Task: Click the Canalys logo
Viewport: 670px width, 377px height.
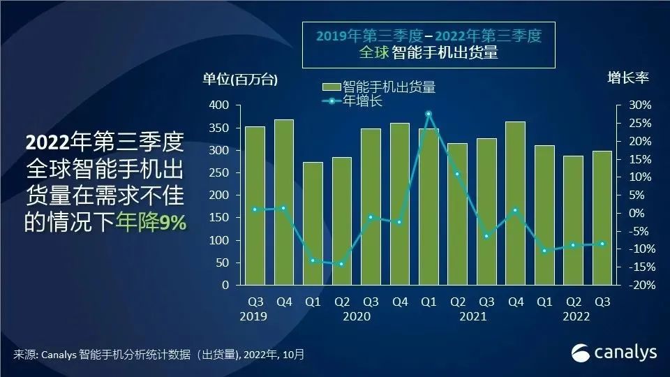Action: [614, 353]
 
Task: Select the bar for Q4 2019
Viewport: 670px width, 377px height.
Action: [283, 202]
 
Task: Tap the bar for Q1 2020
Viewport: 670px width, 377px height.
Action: [313, 223]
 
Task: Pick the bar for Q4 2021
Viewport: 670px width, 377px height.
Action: [515, 203]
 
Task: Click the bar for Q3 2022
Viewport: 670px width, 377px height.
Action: [602, 218]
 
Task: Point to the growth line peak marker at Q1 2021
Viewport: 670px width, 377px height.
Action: [429, 114]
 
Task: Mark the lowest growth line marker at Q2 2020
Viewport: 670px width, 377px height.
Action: [341, 264]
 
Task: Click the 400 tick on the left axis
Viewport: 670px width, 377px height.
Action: [218, 105]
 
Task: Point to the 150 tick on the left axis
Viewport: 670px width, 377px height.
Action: [218, 218]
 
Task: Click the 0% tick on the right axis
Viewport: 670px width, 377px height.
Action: [641, 213]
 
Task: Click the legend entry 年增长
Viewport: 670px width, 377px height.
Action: [362, 101]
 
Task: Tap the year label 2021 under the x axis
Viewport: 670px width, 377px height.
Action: [472, 316]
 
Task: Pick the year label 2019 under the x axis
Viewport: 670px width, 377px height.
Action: [255, 316]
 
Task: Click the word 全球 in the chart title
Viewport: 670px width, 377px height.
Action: [375, 52]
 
